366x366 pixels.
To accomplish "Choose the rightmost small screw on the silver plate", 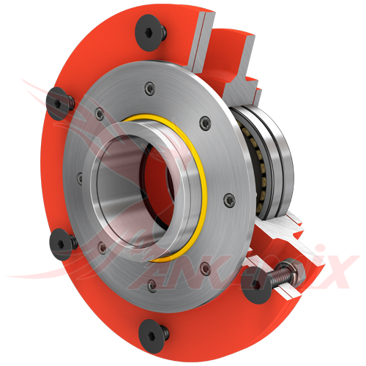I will click(229, 197).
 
